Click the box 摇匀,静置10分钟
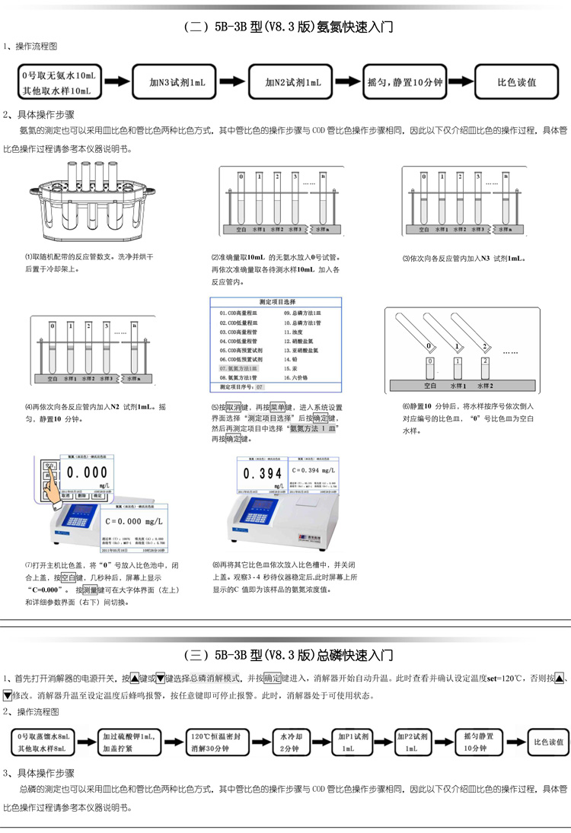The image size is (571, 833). (406, 81)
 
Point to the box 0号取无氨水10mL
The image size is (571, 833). (59, 81)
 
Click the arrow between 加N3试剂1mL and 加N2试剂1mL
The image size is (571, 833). (232, 81)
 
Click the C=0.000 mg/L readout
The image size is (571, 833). (136, 521)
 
